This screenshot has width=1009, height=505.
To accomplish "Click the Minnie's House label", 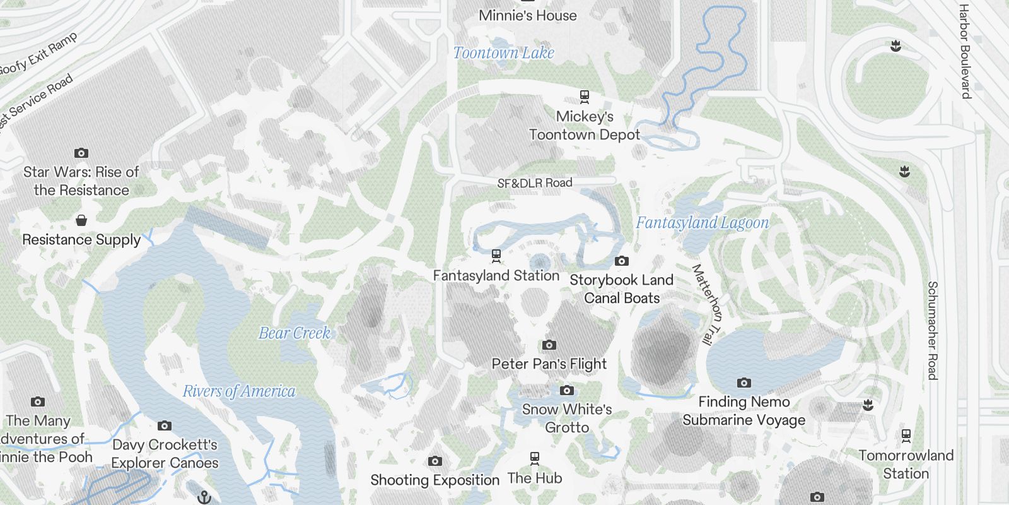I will tap(527, 16).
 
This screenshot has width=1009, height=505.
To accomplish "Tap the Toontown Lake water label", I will tap(503, 53).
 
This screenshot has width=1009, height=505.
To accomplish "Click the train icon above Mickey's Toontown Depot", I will tap(585, 97).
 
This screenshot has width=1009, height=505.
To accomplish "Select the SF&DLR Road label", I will tap(535, 183).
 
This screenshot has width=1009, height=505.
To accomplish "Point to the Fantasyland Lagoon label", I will tap(702, 223).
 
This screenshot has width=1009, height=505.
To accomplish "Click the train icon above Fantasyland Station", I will tap(496, 256).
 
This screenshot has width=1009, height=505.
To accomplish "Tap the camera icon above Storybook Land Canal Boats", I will tap(621, 261).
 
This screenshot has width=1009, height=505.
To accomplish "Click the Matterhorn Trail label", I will tap(707, 304).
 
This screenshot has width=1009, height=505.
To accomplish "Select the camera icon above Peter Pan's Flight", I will tap(549, 345).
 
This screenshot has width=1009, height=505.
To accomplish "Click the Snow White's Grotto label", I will tap(567, 418).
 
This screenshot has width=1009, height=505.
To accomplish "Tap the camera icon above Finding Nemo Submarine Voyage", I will tap(744, 383).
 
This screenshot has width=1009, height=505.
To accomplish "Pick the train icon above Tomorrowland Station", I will tap(906, 435).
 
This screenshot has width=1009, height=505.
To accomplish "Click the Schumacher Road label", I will tap(932, 330).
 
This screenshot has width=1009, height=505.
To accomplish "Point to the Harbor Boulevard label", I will tap(964, 50).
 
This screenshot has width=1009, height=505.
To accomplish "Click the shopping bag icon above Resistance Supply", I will tap(81, 220).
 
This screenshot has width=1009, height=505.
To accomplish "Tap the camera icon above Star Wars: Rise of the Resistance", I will tap(81, 153).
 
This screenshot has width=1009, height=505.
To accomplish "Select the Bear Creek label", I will tap(295, 333).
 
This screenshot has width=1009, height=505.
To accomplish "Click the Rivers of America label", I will tap(239, 391).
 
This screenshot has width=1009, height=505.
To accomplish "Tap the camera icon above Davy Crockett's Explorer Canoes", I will tap(165, 425).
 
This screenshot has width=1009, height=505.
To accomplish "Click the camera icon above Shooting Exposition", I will tap(435, 461).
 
